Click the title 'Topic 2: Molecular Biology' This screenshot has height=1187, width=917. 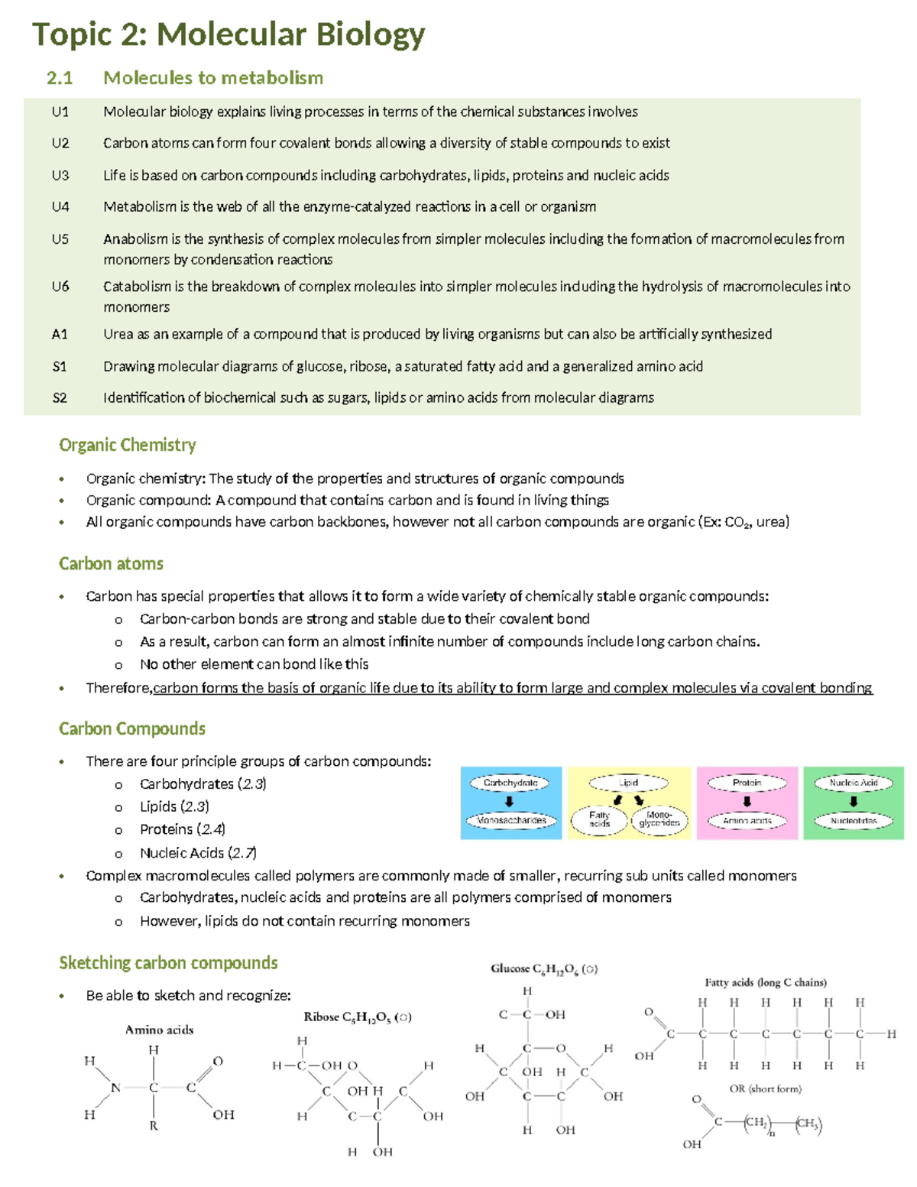click(228, 35)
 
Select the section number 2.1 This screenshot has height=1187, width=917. click(60, 78)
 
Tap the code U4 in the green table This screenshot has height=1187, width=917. click(60, 207)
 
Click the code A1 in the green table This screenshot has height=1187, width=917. click(60, 334)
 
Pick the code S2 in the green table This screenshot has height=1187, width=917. click(60, 397)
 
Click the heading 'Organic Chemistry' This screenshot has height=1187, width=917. click(128, 445)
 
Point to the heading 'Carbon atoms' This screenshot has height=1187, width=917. click(111, 564)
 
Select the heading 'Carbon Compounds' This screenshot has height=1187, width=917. click(132, 729)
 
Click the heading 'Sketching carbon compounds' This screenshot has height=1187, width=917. click(168, 963)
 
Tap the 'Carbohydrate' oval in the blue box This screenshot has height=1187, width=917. click(510, 783)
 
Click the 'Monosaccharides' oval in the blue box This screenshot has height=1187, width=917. click(510, 821)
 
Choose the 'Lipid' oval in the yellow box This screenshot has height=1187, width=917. click(628, 783)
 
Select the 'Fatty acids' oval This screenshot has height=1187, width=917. click(599, 820)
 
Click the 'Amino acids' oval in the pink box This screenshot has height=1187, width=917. click(747, 821)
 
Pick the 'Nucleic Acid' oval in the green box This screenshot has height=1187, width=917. click(854, 783)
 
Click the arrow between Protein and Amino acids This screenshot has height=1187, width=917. click(747, 802)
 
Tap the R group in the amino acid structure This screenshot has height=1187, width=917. click(154, 1126)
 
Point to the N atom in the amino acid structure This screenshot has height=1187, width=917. click(115, 1088)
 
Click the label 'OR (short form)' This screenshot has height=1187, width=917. click(765, 1089)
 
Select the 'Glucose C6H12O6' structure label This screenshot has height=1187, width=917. click(543, 969)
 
